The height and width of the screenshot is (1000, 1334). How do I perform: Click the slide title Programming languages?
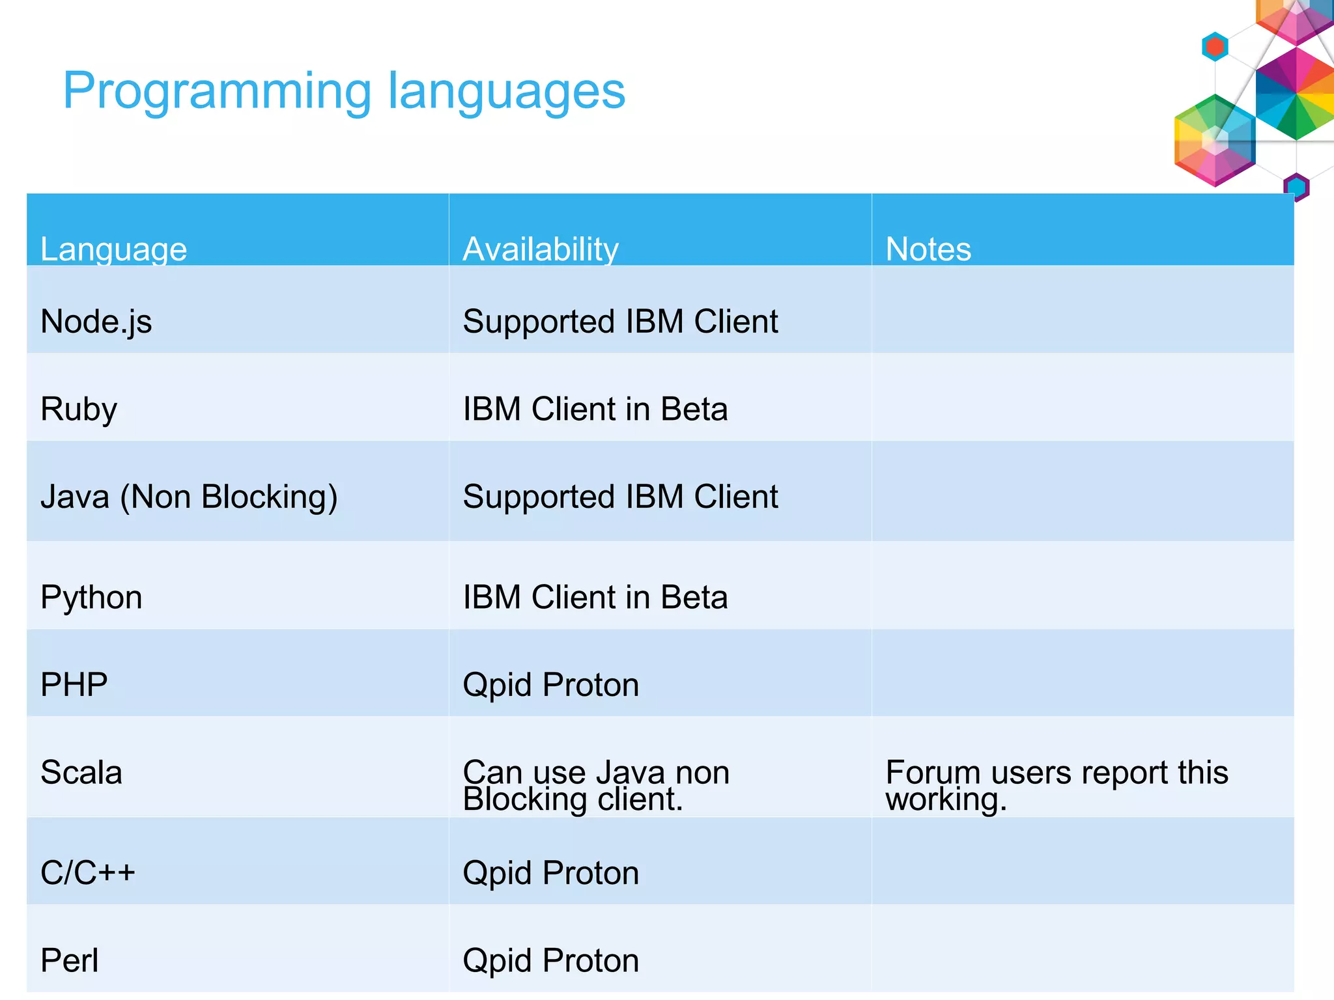344,91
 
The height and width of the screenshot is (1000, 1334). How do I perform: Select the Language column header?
113,249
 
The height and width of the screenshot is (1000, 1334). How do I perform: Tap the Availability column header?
540,249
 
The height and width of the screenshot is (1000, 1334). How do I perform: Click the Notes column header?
928,249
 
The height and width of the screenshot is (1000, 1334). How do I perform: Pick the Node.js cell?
96,322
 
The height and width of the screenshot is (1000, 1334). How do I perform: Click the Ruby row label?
79,410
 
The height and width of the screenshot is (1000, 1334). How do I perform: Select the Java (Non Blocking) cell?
189,497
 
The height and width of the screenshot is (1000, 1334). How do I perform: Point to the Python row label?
91,597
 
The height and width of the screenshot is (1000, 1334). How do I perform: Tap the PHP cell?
74,685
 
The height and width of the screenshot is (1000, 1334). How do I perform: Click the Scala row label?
81,772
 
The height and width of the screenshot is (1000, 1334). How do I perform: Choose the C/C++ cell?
87,872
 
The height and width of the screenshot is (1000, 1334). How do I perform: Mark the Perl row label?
69,960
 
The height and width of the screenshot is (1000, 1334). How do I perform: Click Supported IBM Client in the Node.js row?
619,322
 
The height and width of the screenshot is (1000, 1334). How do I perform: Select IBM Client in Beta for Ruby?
595,410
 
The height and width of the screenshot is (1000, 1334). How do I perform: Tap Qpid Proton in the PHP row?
550,685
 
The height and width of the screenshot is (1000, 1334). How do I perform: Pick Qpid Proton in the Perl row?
550,960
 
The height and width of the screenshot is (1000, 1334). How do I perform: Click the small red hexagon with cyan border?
1215,47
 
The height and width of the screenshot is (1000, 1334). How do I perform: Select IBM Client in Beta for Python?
595,597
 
